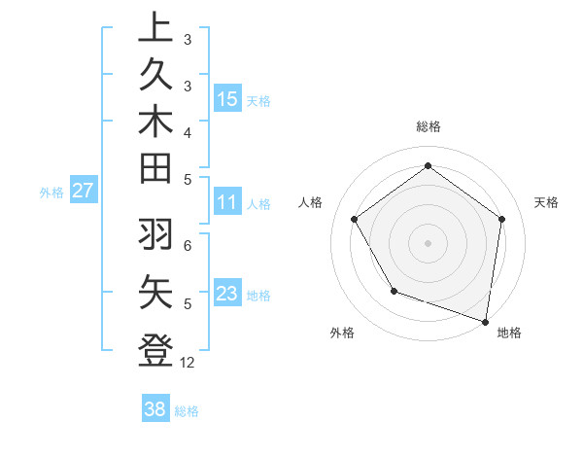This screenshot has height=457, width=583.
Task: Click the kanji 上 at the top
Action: [x=155, y=28]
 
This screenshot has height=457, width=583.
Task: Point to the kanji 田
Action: [x=155, y=167]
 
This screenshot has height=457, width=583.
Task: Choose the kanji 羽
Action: [x=155, y=234]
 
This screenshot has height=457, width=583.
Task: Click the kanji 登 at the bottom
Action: [x=155, y=349]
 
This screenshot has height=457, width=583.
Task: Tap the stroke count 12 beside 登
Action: [x=188, y=363]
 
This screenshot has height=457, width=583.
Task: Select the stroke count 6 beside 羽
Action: [x=187, y=245]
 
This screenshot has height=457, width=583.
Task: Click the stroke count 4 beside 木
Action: [x=187, y=131]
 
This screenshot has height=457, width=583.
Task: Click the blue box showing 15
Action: [x=227, y=98]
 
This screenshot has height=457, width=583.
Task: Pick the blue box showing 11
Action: [x=227, y=202]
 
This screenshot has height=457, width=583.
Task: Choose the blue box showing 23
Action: [x=227, y=294]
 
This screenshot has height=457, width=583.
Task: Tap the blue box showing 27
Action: [x=84, y=191]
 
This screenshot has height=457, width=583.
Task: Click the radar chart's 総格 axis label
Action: [x=429, y=126]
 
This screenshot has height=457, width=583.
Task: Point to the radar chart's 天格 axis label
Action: [x=546, y=202]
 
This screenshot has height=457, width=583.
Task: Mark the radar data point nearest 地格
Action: [x=486, y=321]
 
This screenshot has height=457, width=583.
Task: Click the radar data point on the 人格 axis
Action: [x=354, y=219]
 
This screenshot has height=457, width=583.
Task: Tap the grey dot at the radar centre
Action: [x=428, y=242]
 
